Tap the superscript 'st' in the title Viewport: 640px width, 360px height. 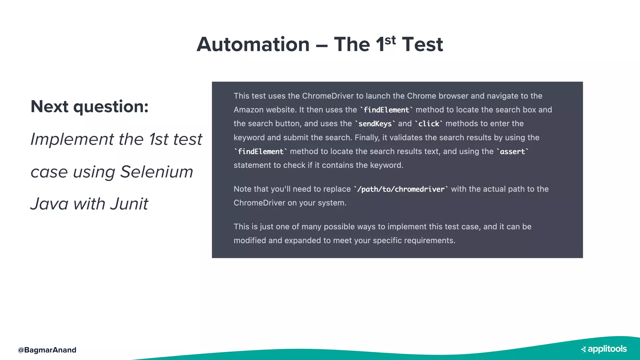tap(390, 40)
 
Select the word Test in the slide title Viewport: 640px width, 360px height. tap(422, 44)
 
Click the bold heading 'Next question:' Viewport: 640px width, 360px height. tap(89, 107)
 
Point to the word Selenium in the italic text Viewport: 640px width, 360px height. tap(157, 172)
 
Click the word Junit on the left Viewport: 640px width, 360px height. tap(129, 204)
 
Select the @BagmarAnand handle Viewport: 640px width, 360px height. tap(47, 350)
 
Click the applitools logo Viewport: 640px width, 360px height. tap(604, 349)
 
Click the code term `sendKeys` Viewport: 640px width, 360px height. tap(375, 124)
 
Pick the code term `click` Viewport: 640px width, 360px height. tap(429, 124)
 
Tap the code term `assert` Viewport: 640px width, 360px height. tap(512, 152)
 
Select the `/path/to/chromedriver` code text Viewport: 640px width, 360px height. tap(401, 189)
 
